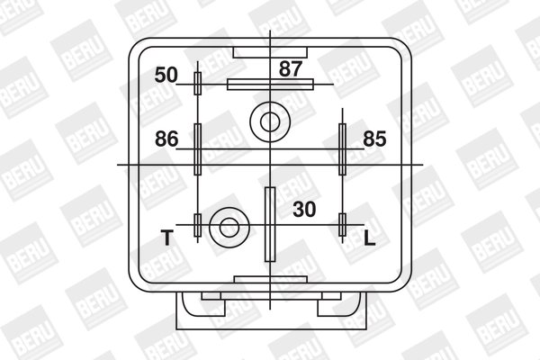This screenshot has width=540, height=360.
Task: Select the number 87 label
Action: tap(291, 67)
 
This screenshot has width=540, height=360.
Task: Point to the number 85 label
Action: tap(375, 139)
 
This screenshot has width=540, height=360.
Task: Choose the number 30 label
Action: tap(305, 209)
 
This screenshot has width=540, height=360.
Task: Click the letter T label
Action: tap(166, 238)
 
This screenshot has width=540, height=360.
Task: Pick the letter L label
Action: tap(370, 238)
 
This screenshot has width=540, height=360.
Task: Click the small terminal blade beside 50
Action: tap(198, 85)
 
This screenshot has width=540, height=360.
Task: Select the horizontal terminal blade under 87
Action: tap(270, 85)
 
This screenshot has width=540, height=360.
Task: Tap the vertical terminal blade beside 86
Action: tap(198, 148)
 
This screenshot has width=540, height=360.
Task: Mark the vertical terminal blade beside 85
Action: tap(342, 148)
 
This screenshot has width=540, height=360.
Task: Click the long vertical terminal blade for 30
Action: tap(269, 222)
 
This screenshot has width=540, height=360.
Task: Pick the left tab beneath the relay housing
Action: tap(217, 295)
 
